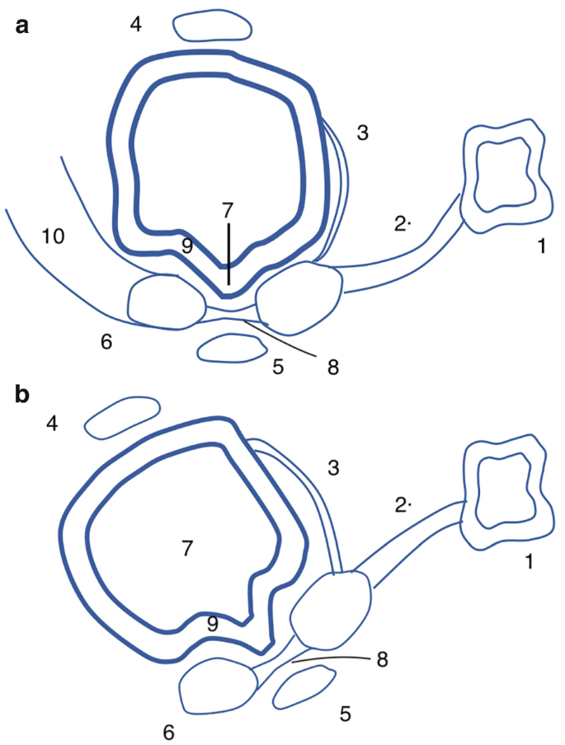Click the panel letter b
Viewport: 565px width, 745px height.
[22, 394]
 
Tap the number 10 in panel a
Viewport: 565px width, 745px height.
[53, 237]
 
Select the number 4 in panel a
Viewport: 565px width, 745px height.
[136, 25]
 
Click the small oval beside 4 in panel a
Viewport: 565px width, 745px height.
[213, 26]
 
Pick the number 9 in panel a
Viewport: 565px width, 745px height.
[186, 244]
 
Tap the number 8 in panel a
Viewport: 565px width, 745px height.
[333, 367]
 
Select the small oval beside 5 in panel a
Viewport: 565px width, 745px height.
[228, 349]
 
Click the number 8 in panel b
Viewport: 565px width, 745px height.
[381, 659]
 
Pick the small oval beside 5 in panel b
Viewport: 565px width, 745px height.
[302, 686]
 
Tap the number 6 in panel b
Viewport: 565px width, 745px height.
[169, 731]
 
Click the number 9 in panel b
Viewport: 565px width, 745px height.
[214, 625]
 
